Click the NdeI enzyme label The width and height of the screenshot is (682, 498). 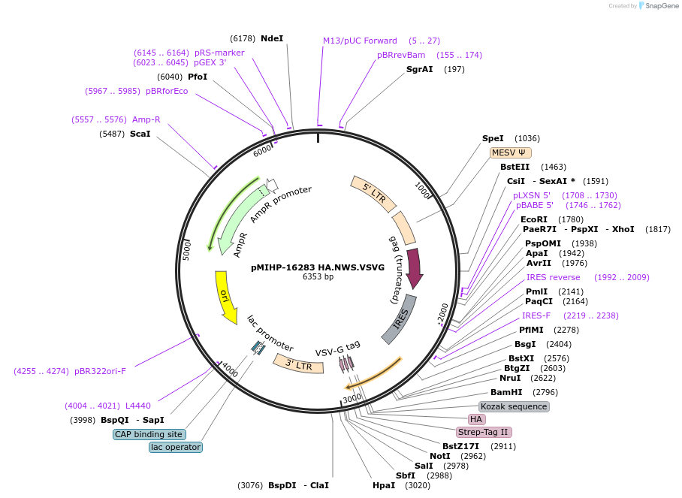(272, 38)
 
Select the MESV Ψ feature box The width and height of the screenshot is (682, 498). (508, 152)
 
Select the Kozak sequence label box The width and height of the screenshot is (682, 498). (514, 406)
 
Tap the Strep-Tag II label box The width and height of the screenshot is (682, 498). (484, 432)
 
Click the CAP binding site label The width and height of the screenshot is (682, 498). (149, 434)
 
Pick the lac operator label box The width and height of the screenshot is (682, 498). (176, 447)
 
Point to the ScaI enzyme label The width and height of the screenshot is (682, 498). (140, 134)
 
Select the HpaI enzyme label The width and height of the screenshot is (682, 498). (383, 485)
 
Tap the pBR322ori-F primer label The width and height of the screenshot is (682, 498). (100, 371)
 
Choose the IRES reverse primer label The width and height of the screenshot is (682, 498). (553, 277)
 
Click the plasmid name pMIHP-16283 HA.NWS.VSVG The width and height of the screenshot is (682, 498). (318, 267)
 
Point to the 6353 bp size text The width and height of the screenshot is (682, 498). (318, 277)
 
